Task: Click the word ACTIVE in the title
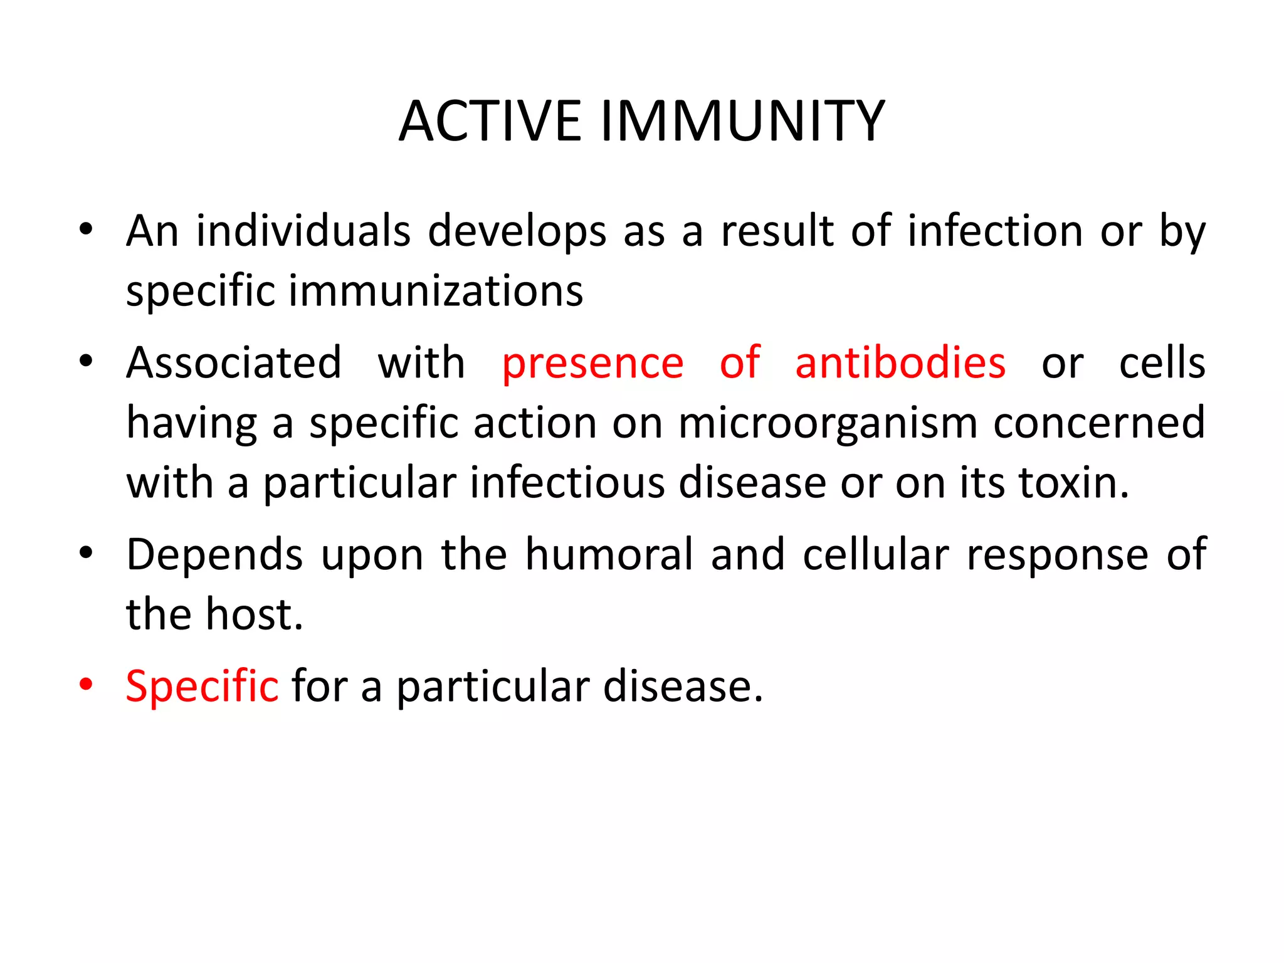pos(490,121)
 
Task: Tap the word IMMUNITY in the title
pos(742,121)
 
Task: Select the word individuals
pos(303,231)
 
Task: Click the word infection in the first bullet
pos(996,231)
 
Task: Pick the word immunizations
pos(436,292)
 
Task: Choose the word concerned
pos(1099,423)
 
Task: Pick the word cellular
pos(876,554)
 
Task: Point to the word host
pos(254,614)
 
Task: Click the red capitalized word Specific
pos(202,687)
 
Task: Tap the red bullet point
pos(87,684)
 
